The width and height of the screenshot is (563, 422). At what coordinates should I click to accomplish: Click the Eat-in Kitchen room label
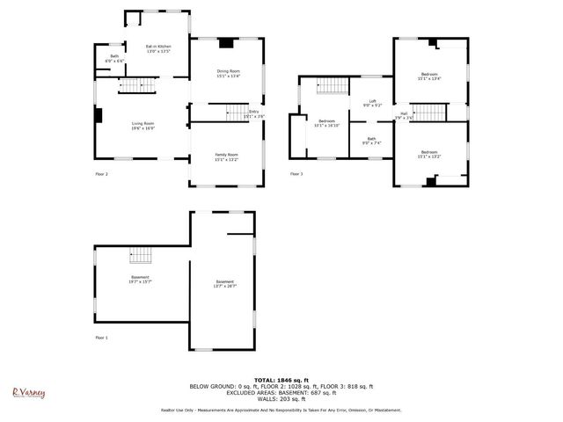coord(157,48)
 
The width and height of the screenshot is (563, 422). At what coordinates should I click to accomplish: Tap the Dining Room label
coord(228,73)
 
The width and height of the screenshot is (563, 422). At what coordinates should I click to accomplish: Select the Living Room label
coord(143,126)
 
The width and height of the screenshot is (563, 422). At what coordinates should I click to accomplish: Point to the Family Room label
coord(227,157)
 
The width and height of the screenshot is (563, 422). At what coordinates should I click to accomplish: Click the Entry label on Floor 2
coord(254,113)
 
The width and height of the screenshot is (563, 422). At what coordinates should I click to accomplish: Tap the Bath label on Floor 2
coord(114,59)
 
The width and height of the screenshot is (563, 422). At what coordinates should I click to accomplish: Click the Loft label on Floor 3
coord(372,103)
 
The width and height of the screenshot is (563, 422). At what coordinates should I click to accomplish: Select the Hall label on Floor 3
coord(404,115)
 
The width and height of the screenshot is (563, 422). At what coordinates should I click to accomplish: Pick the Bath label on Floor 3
coord(371,141)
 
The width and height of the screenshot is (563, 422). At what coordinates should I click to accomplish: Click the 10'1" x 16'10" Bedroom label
coord(326,123)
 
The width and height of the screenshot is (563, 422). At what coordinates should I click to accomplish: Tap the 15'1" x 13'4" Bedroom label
coord(429,76)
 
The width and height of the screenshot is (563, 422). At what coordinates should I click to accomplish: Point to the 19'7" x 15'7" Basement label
coord(139,280)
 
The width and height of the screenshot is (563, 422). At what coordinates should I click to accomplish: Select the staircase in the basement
coord(141,256)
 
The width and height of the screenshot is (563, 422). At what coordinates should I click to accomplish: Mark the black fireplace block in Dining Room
coord(227,41)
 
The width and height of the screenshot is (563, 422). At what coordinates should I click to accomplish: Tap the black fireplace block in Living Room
coord(99,115)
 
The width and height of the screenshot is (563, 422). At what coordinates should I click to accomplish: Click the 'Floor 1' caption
coord(101,337)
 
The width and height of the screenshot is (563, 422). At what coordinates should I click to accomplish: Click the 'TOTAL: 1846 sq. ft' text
coord(281,379)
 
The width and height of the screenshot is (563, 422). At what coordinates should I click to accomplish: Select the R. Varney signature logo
coord(28,393)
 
